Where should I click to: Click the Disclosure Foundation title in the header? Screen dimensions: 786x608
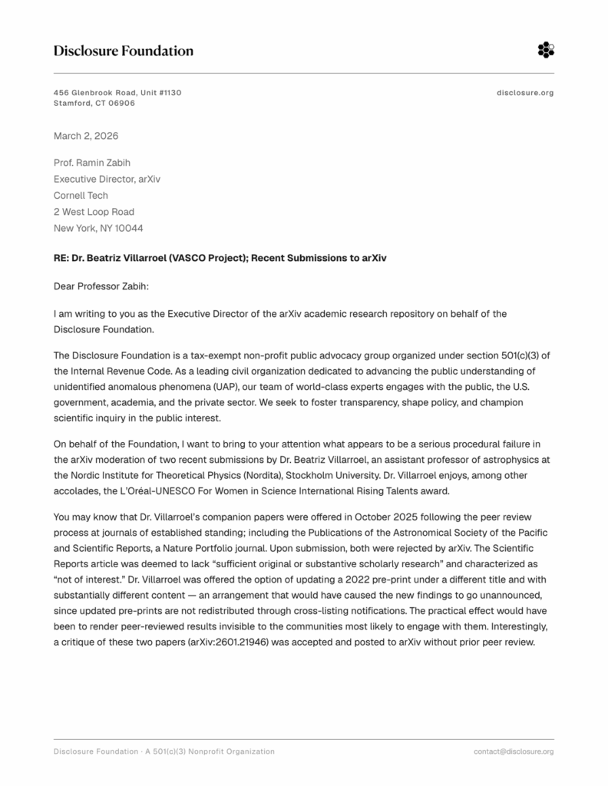click(x=123, y=51)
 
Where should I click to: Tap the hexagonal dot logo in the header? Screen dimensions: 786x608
click(x=545, y=51)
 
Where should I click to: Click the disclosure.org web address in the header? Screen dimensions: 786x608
click(x=525, y=93)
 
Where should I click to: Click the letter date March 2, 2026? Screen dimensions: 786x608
click(x=86, y=136)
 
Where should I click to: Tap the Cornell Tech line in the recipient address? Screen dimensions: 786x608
click(x=81, y=195)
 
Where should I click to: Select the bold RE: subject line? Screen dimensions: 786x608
click(x=220, y=258)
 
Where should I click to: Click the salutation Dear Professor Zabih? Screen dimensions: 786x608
click(x=103, y=286)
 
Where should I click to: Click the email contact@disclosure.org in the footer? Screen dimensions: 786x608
click(x=514, y=751)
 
